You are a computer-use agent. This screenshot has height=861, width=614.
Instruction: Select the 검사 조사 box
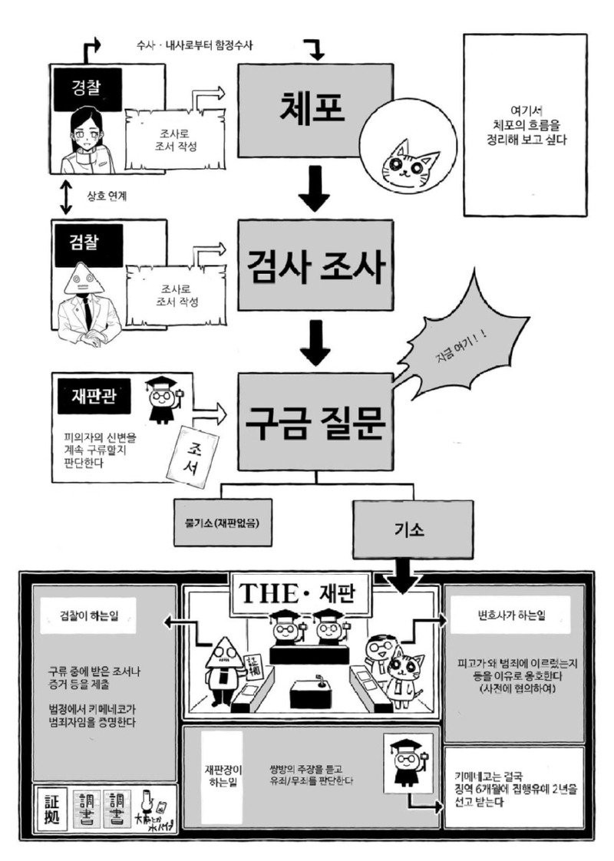315,266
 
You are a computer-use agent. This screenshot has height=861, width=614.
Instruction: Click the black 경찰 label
86,84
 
